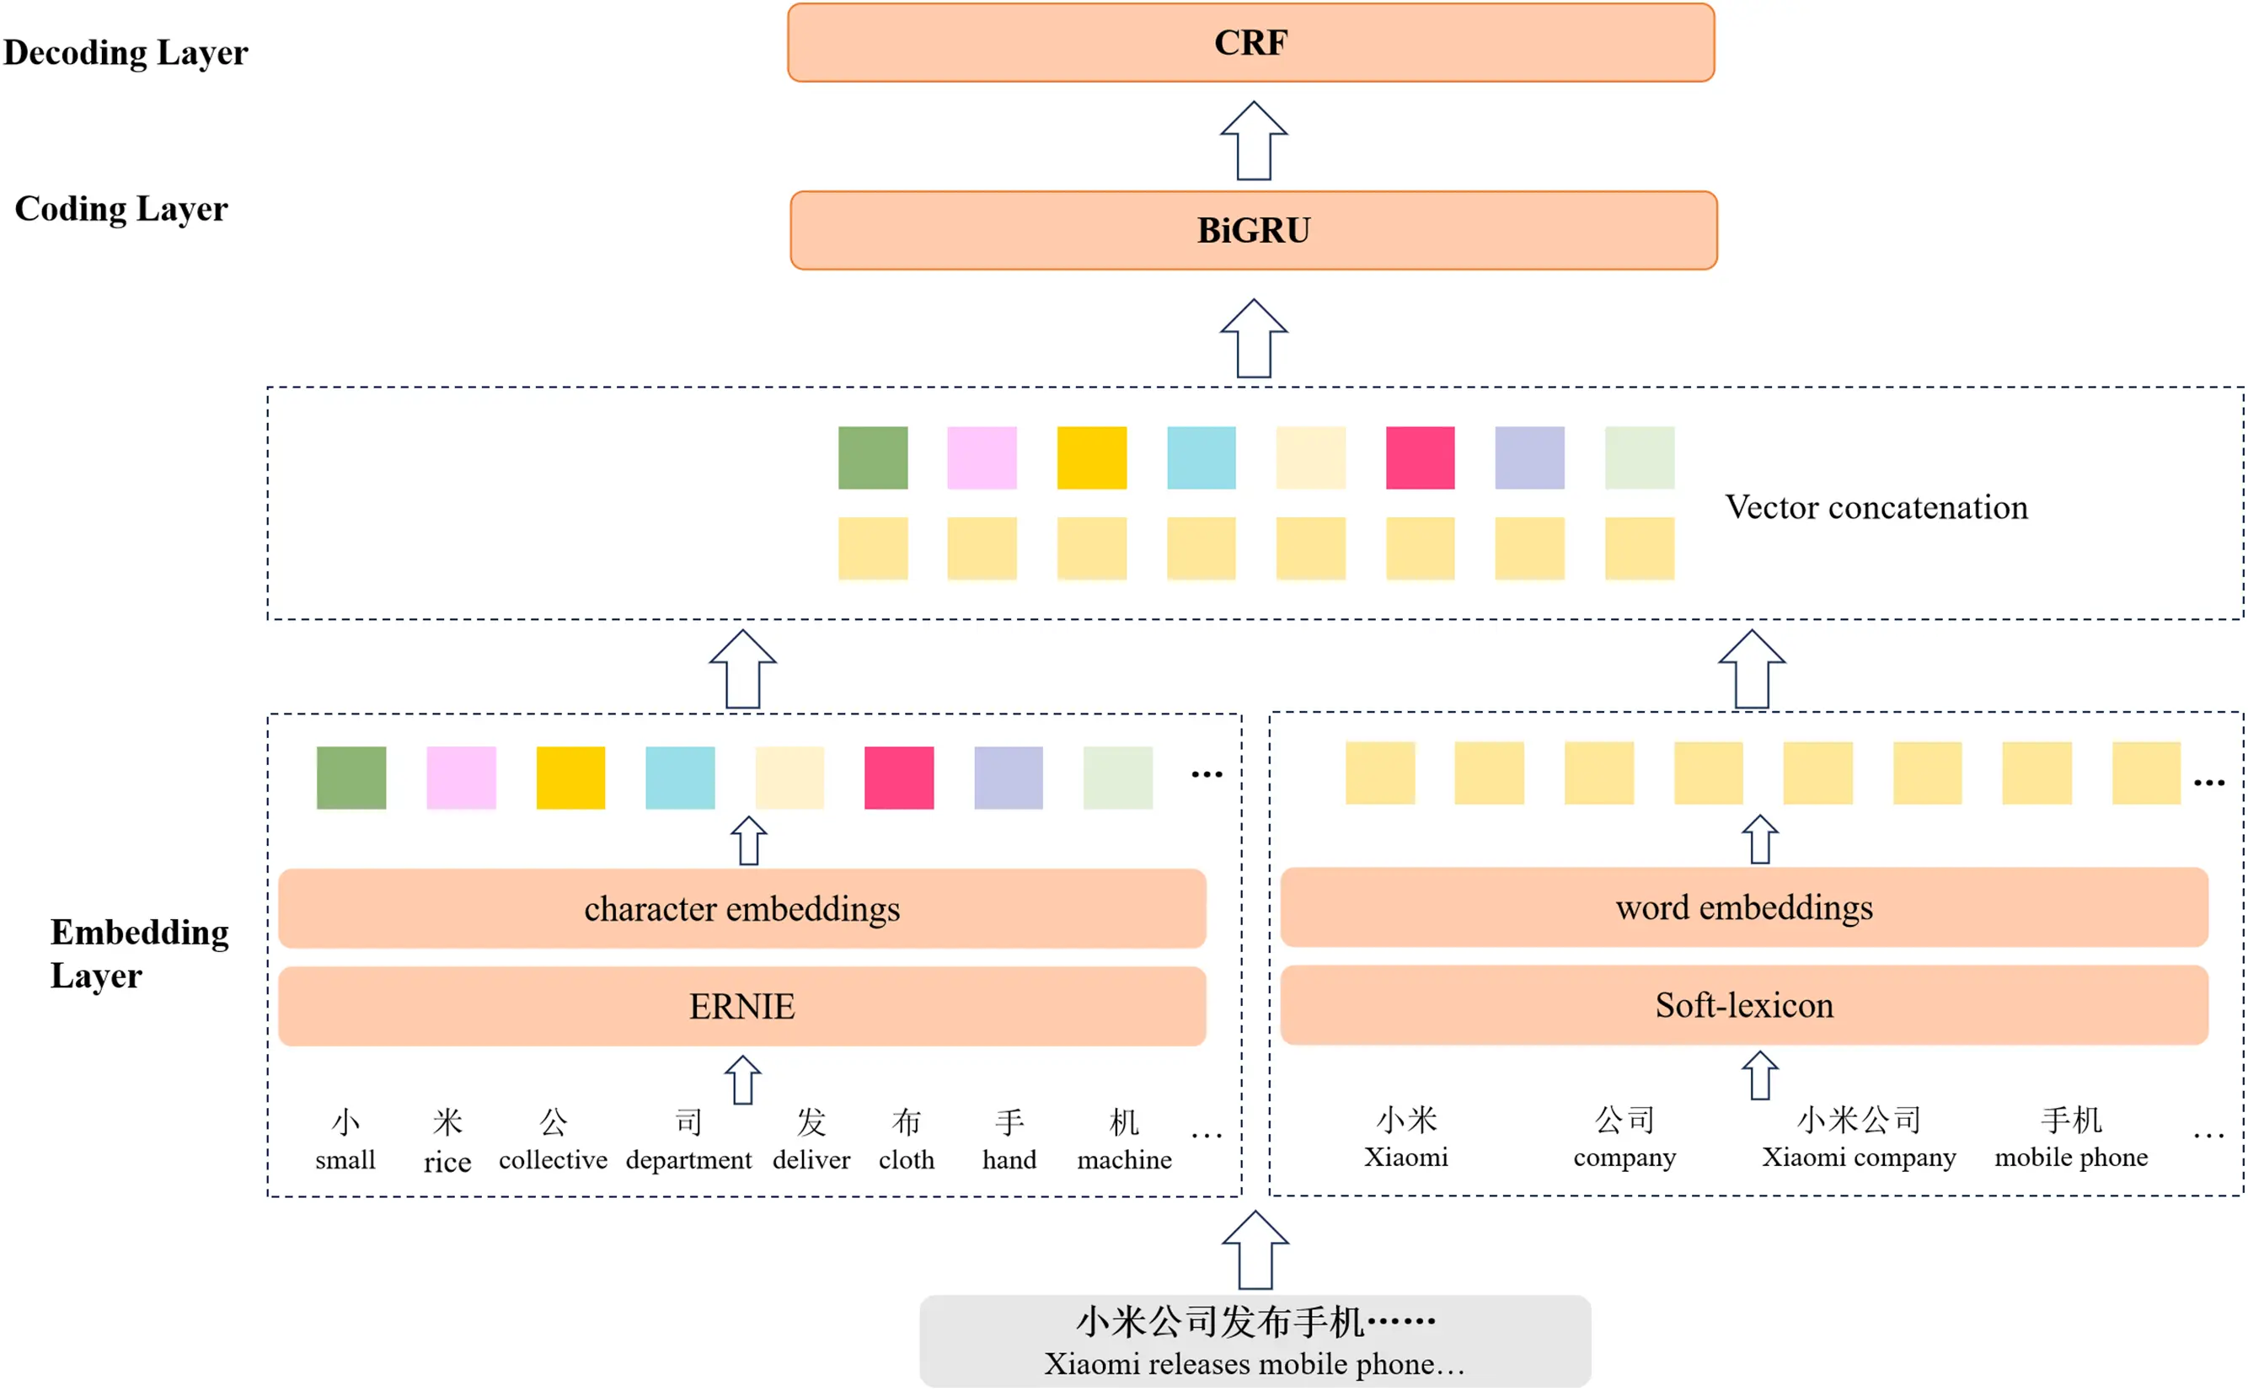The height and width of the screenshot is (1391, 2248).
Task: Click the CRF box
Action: click(1250, 42)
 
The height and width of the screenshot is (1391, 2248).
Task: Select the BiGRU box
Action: click(1253, 230)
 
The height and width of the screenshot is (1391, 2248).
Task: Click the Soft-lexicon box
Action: click(1743, 1004)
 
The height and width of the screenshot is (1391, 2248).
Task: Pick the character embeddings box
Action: click(741, 909)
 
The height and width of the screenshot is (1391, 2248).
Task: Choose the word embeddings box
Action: click(1743, 907)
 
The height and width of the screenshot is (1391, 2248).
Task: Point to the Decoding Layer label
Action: click(126, 52)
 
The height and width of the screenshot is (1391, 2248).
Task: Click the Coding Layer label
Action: click(120, 209)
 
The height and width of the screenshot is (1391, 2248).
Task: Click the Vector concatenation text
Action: click(1876, 507)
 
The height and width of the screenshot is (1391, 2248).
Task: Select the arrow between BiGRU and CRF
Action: click(1253, 141)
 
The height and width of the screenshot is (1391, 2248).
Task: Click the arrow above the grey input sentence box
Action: click(1255, 1249)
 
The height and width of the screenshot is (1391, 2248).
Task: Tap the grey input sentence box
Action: click(1255, 1340)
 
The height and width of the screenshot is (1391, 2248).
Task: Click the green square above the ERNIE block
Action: click(351, 778)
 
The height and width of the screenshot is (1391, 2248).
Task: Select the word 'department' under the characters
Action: click(688, 1159)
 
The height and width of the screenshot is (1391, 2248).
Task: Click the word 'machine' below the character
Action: click(1124, 1159)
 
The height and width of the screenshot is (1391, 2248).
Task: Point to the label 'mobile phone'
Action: click(2070, 1157)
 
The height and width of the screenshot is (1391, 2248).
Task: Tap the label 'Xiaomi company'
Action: click(1858, 1157)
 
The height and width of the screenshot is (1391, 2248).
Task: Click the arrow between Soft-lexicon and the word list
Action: click(1759, 1074)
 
